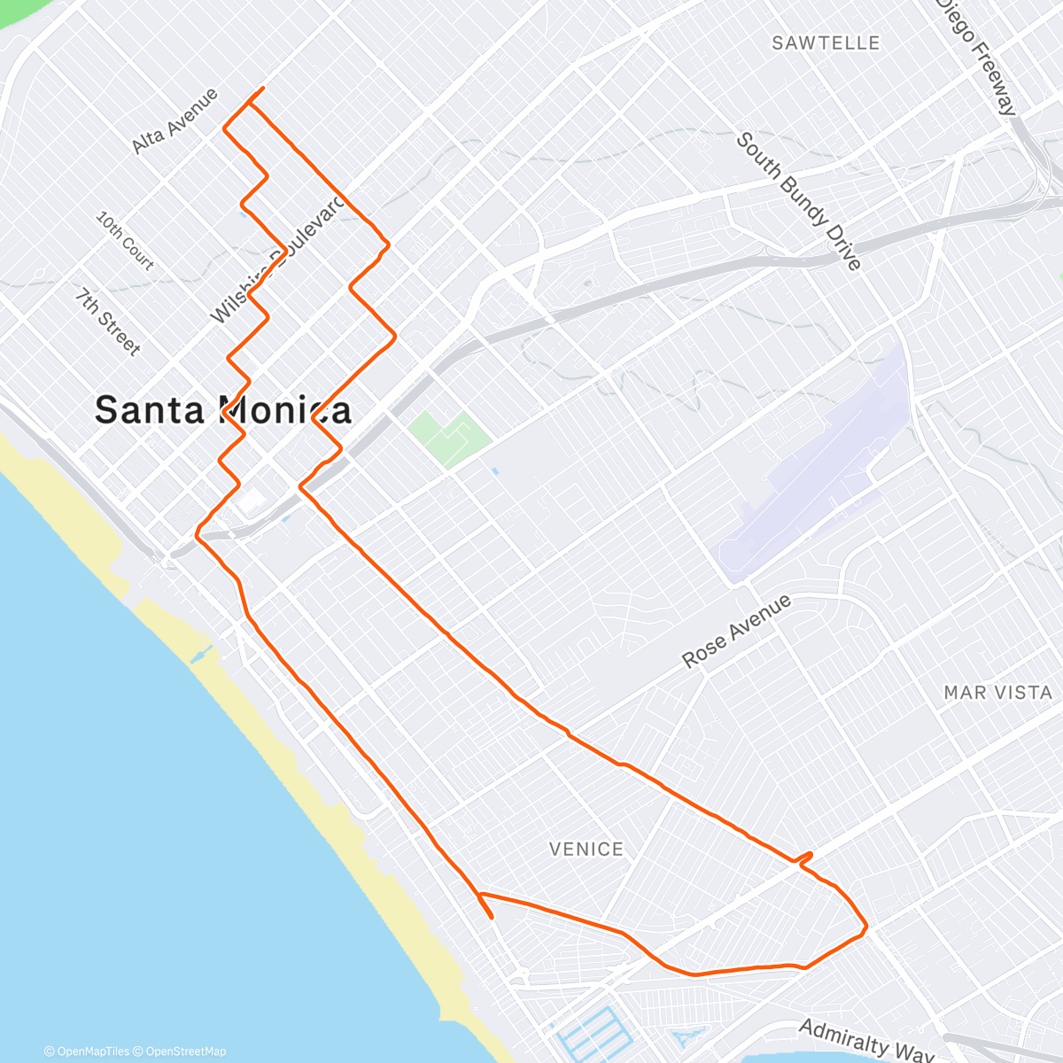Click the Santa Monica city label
pyautogui.click(x=222, y=410)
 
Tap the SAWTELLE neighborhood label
pyautogui.click(x=826, y=43)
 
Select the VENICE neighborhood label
pyautogui.click(x=586, y=850)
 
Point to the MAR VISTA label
pyautogui.click(x=997, y=693)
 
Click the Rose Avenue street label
pyautogui.click(x=736, y=632)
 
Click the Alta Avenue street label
pyautogui.click(x=175, y=120)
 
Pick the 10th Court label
pyautogui.click(x=125, y=240)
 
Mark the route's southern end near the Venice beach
pyautogui.click(x=492, y=918)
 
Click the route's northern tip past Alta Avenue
pyautogui.click(x=262, y=89)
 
